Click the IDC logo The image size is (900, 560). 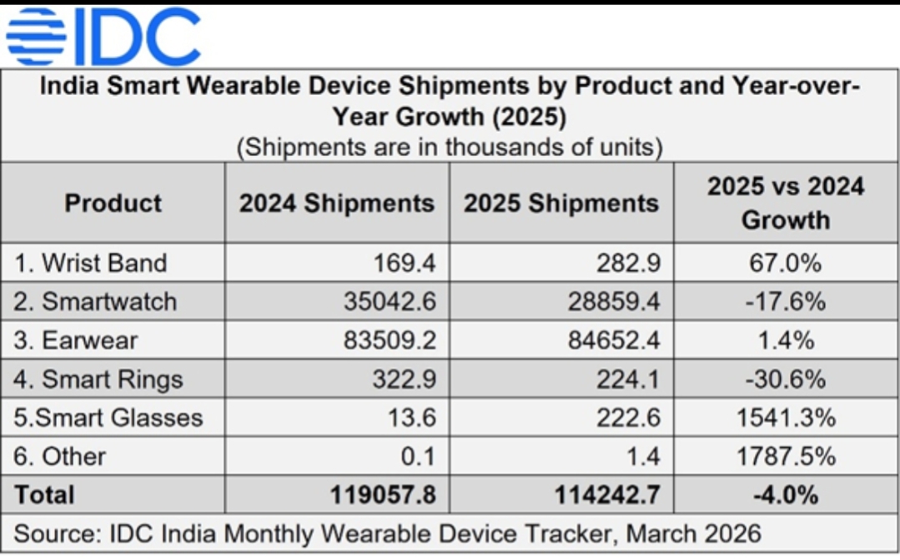click(103, 37)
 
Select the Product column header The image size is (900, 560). click(113, 203)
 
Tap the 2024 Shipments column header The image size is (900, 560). click(337, 203)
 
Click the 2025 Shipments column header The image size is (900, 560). click(561, 203)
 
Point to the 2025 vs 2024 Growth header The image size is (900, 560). click(786, 203)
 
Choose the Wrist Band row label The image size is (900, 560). click(91, 263)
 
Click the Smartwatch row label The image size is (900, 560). click(96, 301)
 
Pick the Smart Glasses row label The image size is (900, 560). click(108, 417)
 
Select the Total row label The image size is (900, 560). click(44, 494)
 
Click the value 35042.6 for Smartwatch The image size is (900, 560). click(390, 301)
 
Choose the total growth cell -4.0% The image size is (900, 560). click(786, 494)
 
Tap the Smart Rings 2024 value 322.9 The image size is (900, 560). click(409, 380)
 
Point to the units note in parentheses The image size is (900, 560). click(450, 148)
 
